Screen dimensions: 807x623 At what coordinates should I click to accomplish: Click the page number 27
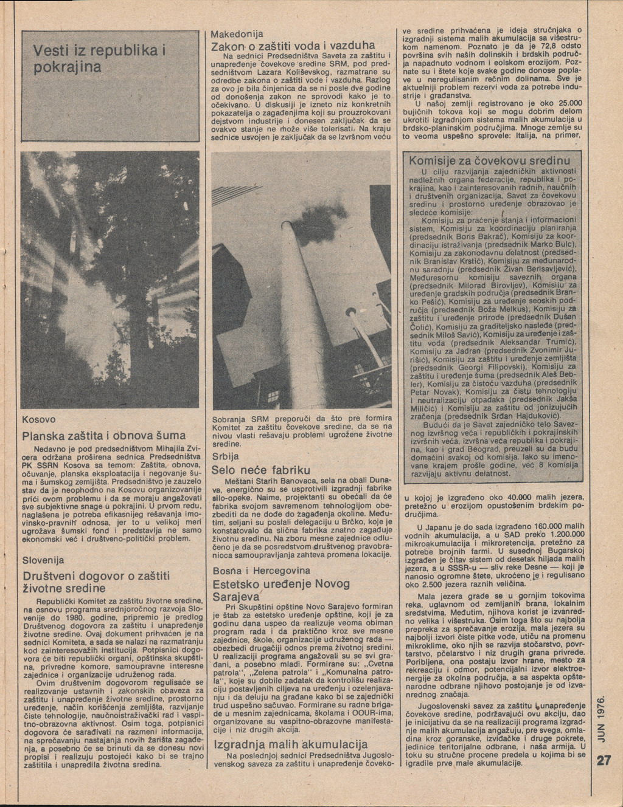604,761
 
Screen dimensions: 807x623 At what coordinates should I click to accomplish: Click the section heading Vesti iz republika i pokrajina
100,58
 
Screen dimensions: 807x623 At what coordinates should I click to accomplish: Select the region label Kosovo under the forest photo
39,419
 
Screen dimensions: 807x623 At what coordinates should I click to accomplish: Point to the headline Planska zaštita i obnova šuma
103,436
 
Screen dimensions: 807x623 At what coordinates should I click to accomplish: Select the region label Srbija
225,456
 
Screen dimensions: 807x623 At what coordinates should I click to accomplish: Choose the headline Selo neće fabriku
260,470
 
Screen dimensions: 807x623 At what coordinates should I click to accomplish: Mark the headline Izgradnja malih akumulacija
290,744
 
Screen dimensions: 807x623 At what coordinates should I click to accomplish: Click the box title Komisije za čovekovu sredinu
490,161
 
